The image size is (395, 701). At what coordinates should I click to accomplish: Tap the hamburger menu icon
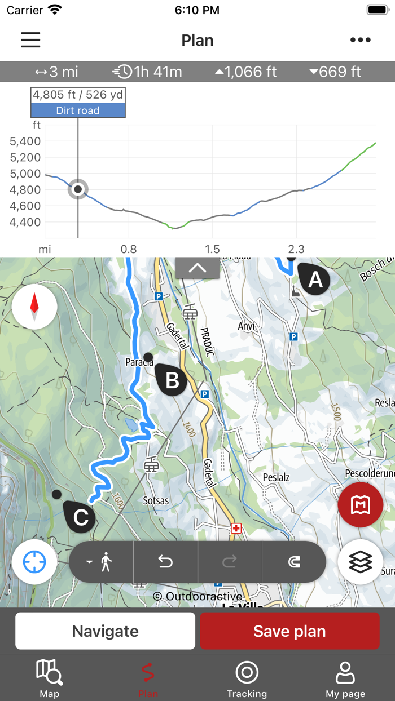click(x=30, y=39)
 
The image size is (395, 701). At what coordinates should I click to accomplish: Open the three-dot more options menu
click(x=360, y=39)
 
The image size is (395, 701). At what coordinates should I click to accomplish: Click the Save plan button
click(x=289, y=631)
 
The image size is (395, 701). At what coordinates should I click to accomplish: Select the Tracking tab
click(x=247, y=678)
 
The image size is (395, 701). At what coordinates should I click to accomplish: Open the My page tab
click(x=345, y=678)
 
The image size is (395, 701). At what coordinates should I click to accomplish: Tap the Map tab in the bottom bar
click(x=49, y=678)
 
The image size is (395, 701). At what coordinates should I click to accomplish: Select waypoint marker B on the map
click(x=172, y=380)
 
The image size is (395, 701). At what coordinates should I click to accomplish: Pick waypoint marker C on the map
click(x=80, y=517)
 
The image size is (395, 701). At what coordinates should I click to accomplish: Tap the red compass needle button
click(x=34, y=307)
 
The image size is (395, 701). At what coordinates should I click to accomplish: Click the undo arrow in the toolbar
click(x=165, y=562)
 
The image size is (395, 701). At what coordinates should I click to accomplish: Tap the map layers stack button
click(x=361, y=562)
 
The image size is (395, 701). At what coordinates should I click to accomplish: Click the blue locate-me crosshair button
click(x=34, y=562)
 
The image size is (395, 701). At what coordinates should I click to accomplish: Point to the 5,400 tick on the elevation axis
click(x=25, y=141)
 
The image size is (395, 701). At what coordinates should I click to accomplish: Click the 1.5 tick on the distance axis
click(x=212, y=249)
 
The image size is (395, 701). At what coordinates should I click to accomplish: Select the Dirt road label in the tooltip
click(x=78, y=110)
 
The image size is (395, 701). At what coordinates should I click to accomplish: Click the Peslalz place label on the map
click(x=276, y=477)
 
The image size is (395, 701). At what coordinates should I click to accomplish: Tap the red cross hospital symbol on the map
click(x=236, y=528)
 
